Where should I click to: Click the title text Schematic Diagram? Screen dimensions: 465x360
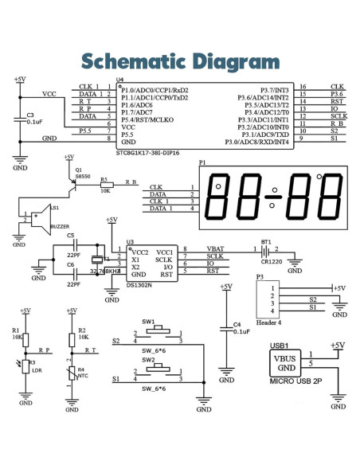coord(179,61)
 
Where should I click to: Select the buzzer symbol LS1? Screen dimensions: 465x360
coord(36,217)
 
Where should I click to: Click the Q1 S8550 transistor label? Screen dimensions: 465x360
coord(77,174)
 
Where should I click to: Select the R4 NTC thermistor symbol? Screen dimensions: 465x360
coord(72,370)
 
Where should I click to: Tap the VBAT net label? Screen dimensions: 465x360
coord(215,249)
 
